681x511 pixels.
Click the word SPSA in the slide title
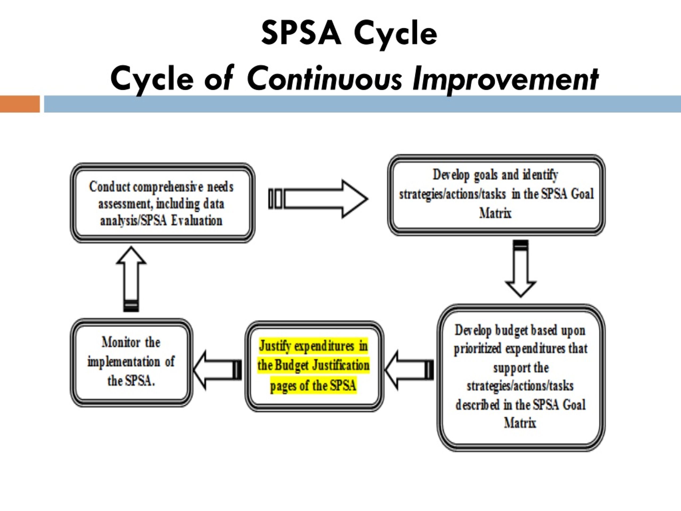pyautogui.click(x=301, y=33)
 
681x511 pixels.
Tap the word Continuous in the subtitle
pyautogui.click(x=324, y=78)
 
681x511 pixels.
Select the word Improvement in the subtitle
pyautogui.click(x=505, y=80)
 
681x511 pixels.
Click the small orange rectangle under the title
pyautogui.click(x=20, y=104)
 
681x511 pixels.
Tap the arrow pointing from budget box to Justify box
pyautogui.click(x=409, y=370)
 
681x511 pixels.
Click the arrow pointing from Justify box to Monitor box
pyautogui.click(x=217, y=370)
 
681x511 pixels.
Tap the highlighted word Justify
pyautogui.click(x=275, y=346)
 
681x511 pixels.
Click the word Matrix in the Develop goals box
pyautogui.click(x=495, y=213)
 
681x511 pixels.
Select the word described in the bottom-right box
pyautogui.click(x=477, y=405)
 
